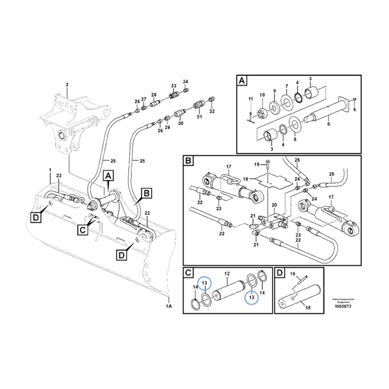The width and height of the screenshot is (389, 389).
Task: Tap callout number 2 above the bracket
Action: [66, 84]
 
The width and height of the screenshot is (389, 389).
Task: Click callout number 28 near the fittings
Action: [154, 94]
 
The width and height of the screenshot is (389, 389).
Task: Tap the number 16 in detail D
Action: [292, 274]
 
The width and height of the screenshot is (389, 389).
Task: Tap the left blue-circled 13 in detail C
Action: [203, 283]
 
